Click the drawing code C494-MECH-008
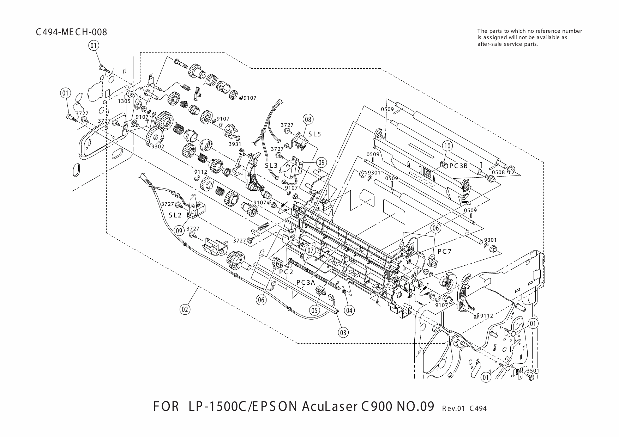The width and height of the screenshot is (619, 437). (x=71, y=32)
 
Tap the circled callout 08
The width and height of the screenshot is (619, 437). (x=308, y=119)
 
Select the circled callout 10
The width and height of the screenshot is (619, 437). (x=447, y=146)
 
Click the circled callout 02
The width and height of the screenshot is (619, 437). (x=185, y=309)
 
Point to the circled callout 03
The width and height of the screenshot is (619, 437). (x=343, y=332)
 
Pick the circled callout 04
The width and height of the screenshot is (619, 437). (x=349, y=310)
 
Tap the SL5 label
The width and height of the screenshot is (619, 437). (x=315, y=134)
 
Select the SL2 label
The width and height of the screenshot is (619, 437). (x=175, y=215)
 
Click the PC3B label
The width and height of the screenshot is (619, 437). (x=458, y=165)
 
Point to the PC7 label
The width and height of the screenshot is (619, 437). (x=445, y=252)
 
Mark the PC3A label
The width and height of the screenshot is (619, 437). (x=305, y=282)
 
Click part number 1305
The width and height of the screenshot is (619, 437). (x=124, y=101)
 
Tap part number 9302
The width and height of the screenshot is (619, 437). (x=157, y=147)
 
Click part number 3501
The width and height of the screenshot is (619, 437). (x=533, y=371)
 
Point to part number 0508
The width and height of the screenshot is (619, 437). (x=498, y=172)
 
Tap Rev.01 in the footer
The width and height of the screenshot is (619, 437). (x=452, y=409)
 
